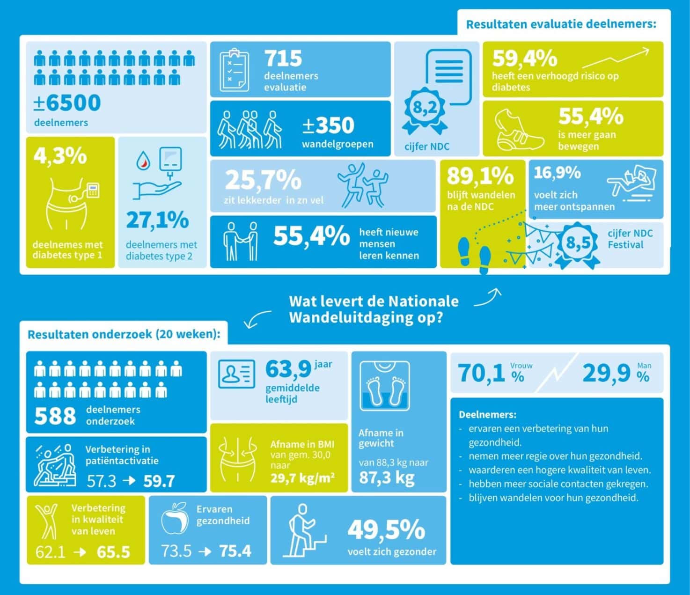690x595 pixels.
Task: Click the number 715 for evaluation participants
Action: point(283,58)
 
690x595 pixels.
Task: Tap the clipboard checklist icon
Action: point(235,70)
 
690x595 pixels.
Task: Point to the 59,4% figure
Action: point(525,58)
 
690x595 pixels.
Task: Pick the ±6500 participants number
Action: point(67,103)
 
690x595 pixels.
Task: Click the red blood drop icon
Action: point(144,161)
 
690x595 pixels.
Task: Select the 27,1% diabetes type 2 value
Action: point(157,220)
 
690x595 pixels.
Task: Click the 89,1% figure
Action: point(480,176)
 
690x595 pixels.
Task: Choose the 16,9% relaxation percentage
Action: point(557,173)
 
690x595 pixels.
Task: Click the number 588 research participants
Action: point(55,416)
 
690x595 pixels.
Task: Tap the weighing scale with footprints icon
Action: point(385,386)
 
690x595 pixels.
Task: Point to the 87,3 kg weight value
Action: point(387,478)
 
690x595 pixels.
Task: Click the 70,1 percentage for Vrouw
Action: point(481,373)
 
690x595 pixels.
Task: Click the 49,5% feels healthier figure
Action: point(387,530)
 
